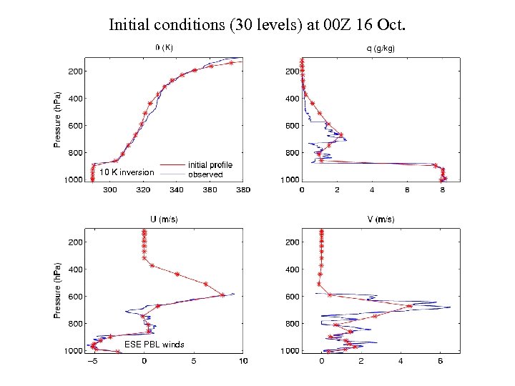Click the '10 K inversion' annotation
[127, 172]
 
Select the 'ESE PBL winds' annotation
[154, 345]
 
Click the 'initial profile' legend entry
[210, 165]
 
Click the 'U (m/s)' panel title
[164, 219]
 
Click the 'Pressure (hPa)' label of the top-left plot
[58, 119]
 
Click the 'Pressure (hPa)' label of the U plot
[58, 289]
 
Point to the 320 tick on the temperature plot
[143, 190]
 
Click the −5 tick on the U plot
[92, 361]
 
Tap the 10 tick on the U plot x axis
[242, 361]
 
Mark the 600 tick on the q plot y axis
[292, 126]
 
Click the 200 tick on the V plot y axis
[292, 242]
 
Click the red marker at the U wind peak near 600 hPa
[223, 295]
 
